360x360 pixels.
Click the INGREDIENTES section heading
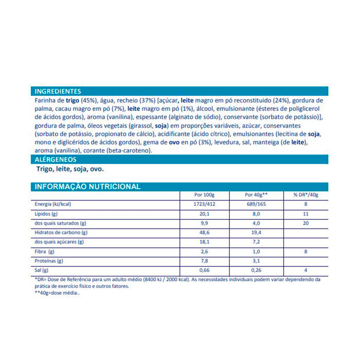58,91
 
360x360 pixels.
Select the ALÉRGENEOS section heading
56,159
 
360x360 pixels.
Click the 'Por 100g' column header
204,195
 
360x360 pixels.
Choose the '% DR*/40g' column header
305,195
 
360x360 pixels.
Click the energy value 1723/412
204,204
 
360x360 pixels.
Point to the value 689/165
255,204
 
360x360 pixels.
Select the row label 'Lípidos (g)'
47,214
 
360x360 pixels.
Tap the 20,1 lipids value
204,214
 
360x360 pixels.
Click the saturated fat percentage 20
305,223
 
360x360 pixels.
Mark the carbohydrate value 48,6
204,232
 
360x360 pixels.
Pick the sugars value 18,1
204,242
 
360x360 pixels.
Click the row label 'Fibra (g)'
45,251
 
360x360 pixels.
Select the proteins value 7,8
204,261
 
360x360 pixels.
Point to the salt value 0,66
204,270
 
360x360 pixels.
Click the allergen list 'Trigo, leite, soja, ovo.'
70,169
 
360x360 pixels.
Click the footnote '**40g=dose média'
57,294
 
